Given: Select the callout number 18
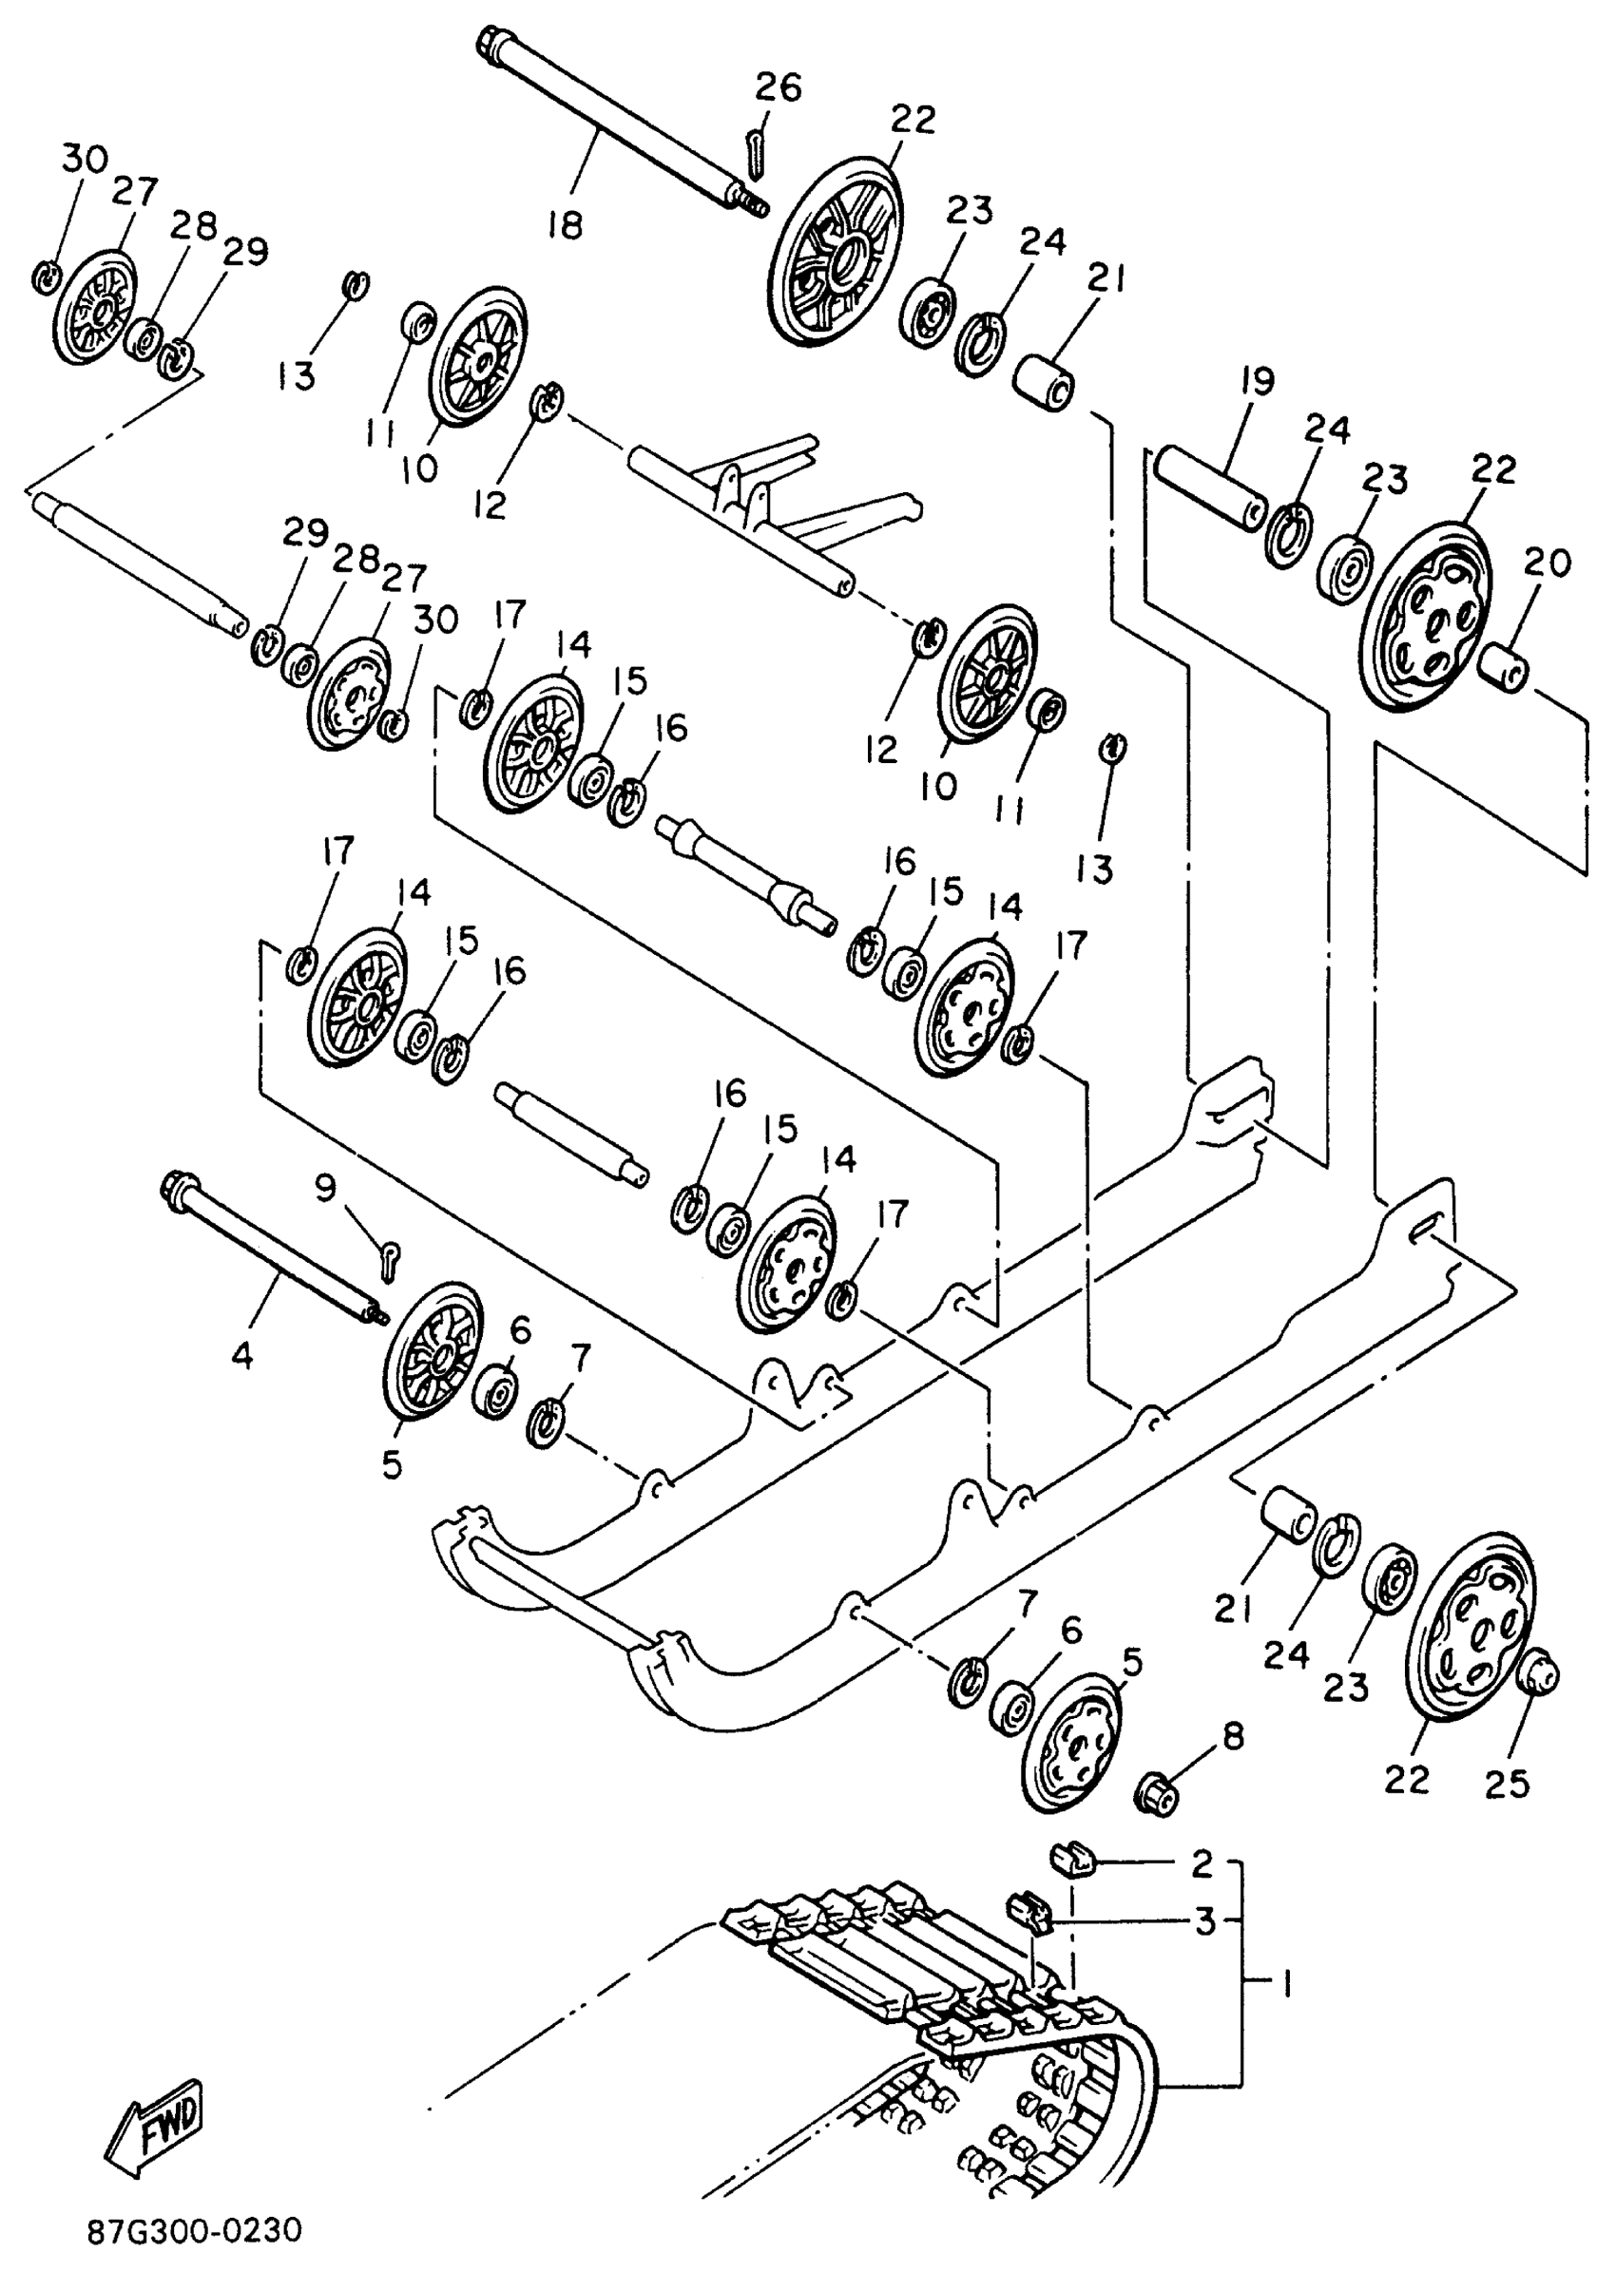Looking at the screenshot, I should click(565, 226).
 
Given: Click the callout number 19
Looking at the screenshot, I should click(1258, 381).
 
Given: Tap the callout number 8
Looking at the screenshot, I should click(1232, 1737).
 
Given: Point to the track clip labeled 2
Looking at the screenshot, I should click(1071, 1857).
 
